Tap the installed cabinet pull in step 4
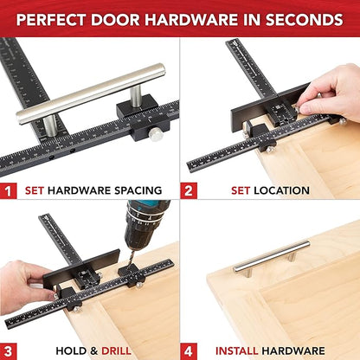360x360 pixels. click(x=270, y=252)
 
